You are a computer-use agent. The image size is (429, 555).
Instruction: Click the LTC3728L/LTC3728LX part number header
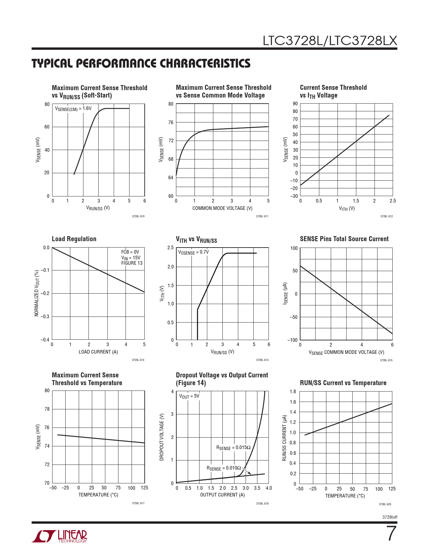point(330,41)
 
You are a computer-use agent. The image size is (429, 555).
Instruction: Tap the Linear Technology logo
point(60,536)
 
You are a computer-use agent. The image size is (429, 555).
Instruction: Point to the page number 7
point(391,534)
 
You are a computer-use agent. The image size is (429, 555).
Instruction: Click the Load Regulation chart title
point(74,239)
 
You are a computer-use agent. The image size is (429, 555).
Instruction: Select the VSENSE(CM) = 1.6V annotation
point(73,109)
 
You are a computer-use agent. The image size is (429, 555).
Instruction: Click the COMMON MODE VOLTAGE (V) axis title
point(222,208)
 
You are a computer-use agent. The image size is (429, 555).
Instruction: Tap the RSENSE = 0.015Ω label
point(233,448)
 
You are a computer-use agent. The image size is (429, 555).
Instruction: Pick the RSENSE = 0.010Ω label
point(224,468)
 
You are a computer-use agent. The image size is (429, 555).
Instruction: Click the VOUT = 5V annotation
point(189,396)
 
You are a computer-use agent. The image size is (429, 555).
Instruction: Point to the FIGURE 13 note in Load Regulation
point(132,263)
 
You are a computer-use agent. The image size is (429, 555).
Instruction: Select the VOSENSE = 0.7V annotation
point(193,252)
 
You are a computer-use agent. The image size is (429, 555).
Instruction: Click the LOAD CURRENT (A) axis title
point(98,352)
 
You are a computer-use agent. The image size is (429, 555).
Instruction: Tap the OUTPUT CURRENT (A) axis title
point(222,495)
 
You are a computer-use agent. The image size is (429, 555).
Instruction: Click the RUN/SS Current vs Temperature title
point(343,383)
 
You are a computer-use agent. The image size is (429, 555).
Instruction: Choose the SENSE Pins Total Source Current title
point(344,239)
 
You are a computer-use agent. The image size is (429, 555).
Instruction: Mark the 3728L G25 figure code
point(385,504)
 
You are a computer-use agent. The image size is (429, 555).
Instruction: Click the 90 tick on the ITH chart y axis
point(295,104)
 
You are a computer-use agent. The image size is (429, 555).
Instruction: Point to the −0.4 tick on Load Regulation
point(45,340)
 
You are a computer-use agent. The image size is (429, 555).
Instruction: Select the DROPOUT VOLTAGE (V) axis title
point(162,437)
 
